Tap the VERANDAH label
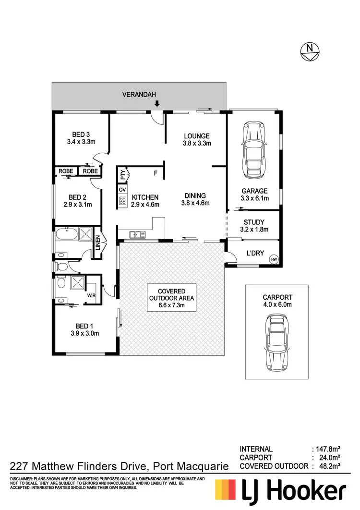click(139, 94)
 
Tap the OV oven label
click(122, 190)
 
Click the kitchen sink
click(136, 235)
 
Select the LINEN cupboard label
click(97, 243)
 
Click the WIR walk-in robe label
click(91, 296)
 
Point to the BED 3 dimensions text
click(81, 142)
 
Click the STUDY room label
click(254, 222)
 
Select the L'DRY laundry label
click(255, 254)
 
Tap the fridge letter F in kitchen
click(156, 173)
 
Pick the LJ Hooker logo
click(280, 492)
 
